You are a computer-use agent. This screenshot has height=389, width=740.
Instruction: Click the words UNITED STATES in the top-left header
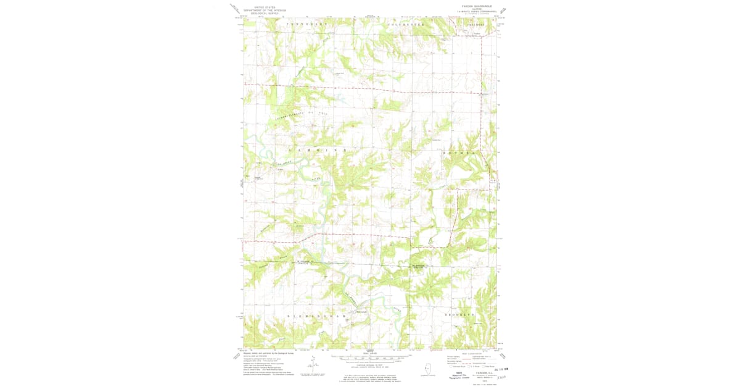tap(259, 5)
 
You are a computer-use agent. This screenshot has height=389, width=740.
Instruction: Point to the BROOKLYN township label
tap(461, 315)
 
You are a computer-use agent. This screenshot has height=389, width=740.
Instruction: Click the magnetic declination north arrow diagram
tap(313, 365)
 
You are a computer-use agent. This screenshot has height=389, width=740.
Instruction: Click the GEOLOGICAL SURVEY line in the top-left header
tap(259, 14)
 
